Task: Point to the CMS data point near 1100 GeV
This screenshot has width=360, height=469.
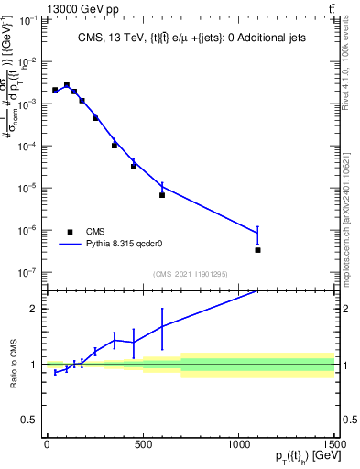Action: tap(258, 249)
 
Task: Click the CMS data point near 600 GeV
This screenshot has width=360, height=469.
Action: tap(162, 195)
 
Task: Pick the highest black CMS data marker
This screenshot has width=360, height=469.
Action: tap(66, 85)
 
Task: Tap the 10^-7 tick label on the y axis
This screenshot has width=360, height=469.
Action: tap(27, 272)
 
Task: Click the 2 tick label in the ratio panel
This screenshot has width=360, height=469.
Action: tap(35, 309)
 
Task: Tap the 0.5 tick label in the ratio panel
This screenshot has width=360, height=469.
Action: tap(31, 420)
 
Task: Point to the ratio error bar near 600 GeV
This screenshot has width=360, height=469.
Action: tap(162, 326)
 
